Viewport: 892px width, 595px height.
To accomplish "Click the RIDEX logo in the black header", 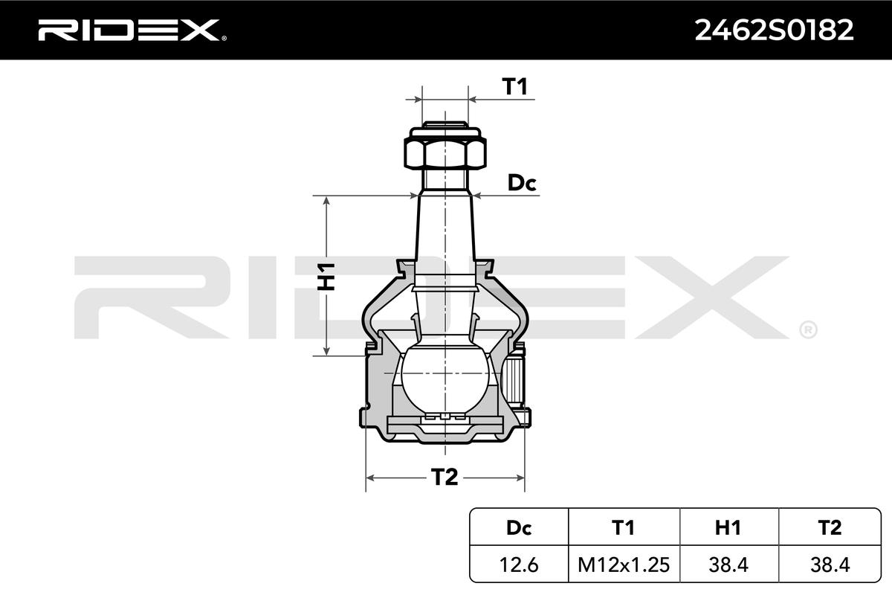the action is [132, 30].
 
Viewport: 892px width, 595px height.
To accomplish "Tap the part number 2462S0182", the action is [774, 30].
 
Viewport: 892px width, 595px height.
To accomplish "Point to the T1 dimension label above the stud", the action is [515, 86].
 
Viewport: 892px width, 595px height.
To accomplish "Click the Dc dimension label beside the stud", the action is [522, 183].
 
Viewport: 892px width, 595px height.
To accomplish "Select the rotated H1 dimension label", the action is [326, 276].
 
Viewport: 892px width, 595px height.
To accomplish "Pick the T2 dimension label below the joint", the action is [445, 477].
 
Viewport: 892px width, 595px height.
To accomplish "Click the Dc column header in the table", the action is [519, 527].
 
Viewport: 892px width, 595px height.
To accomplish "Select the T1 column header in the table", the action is [623, 527].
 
